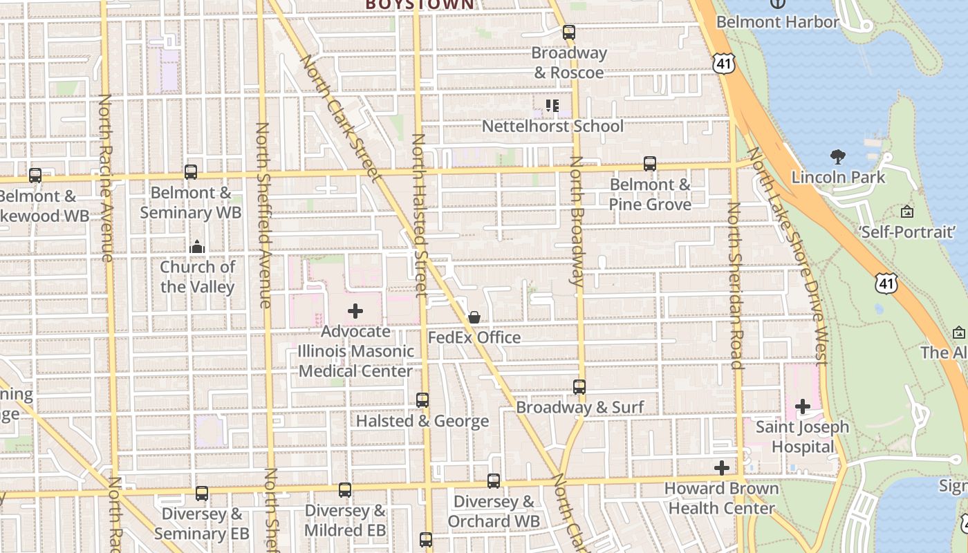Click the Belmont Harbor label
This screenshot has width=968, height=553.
pos(777,21)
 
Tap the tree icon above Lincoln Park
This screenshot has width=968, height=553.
pos(837,157)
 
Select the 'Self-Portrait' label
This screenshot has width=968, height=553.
pos(906,232)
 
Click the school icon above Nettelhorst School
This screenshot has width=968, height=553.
pos(552,106)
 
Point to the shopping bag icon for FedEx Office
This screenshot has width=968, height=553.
pos(474,317)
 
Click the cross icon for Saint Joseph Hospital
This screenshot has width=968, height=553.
pos(802,406)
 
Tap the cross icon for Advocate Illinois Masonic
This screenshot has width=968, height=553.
pos(355,311)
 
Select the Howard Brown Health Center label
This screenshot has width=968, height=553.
pos(721,498)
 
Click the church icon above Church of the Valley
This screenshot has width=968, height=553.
pos(197,247)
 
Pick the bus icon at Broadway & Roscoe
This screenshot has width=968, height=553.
pos(569,32)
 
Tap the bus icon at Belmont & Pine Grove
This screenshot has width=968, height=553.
pos(650,164)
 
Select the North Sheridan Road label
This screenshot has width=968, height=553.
pos(735,285)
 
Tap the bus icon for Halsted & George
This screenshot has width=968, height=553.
pos(422,400)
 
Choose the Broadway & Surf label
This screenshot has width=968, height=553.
pos(580,407)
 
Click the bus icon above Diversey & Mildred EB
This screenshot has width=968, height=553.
pos(345,490)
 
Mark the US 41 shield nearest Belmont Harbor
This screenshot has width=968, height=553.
pos(723,64)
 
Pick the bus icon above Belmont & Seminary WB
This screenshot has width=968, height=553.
pos(191,172)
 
